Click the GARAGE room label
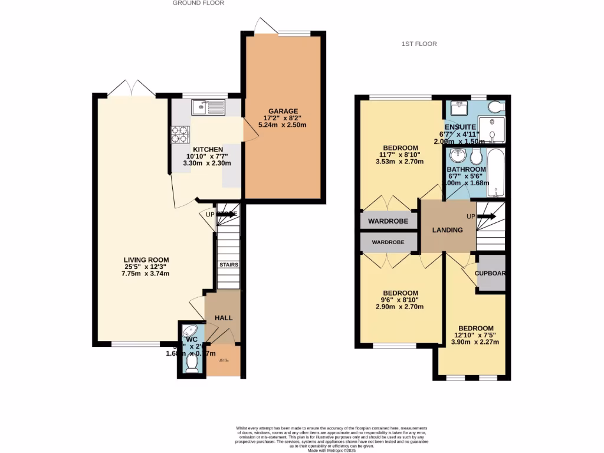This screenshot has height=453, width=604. [x=283, y=111]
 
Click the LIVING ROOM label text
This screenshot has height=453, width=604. [x=146, y=260]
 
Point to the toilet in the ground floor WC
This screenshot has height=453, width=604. [x=192, y=362]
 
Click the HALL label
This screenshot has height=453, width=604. [x=224, y=318]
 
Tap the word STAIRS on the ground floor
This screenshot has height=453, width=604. [x=229, y=265]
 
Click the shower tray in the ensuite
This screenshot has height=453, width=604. [x=491, y=129]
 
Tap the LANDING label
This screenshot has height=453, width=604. [x=447, y=230]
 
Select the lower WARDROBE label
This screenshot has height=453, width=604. [x=387, y=242]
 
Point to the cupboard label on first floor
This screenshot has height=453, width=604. [x=491, y=273]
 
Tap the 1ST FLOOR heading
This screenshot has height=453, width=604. [x=419, y=44]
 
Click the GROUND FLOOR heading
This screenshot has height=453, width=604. [x=198, y=3]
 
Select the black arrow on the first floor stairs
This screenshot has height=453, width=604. [x=487, y=216]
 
